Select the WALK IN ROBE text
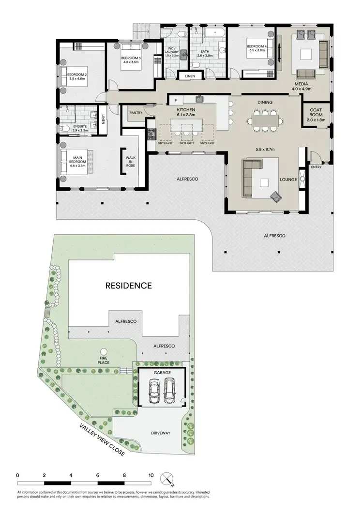(x=131, y=162)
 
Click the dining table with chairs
(x=264, y=120)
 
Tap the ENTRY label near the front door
(x=317, y=167)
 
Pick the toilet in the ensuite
(x=66, y=129)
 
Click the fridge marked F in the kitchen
(x=175, y=101)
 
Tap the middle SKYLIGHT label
(x=187, y=143)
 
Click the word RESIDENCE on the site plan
(x=129, y=286)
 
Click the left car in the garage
(x=154, y=391)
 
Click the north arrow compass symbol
(x=168, y=479)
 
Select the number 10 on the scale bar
(x=151, y=475)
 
